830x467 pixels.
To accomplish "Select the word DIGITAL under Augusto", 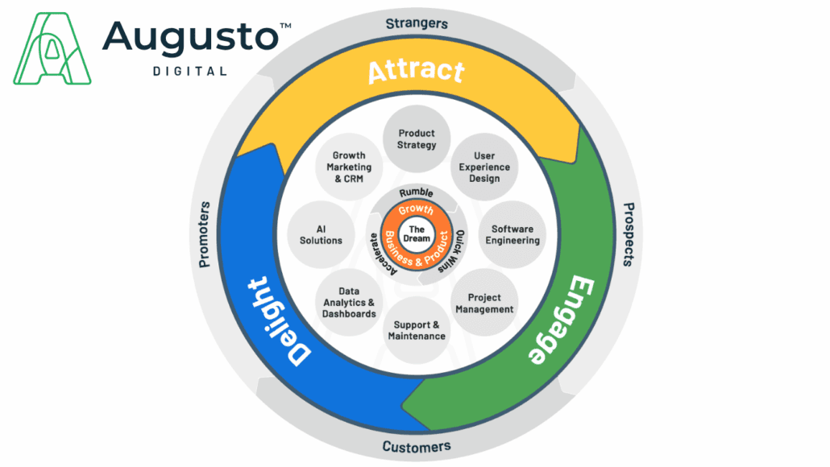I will (x=189, y=71).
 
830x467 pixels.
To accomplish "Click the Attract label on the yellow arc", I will (x=416, y=71).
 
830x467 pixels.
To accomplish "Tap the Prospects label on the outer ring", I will (x=633, y=234).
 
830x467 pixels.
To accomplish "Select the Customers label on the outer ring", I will (x=416, y=446).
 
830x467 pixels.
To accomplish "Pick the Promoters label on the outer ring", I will (x=204, y=234).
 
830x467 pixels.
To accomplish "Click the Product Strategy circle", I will (x=416, y=138).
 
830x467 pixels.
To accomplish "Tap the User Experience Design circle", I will (x=484, y=167).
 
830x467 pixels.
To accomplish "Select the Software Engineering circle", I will (x=513, y=234).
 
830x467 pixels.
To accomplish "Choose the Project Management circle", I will (x=484, y=303).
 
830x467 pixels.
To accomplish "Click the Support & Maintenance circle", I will (x=416, y=330).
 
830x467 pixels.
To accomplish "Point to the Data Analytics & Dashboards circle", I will (x=347, y=302).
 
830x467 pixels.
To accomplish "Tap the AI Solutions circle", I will (x=321, y=234).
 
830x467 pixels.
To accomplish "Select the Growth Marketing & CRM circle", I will (x=348, y=167).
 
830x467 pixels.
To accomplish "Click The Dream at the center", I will (x=416, y=234).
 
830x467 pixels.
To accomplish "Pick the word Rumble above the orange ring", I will (x=416, y=193).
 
